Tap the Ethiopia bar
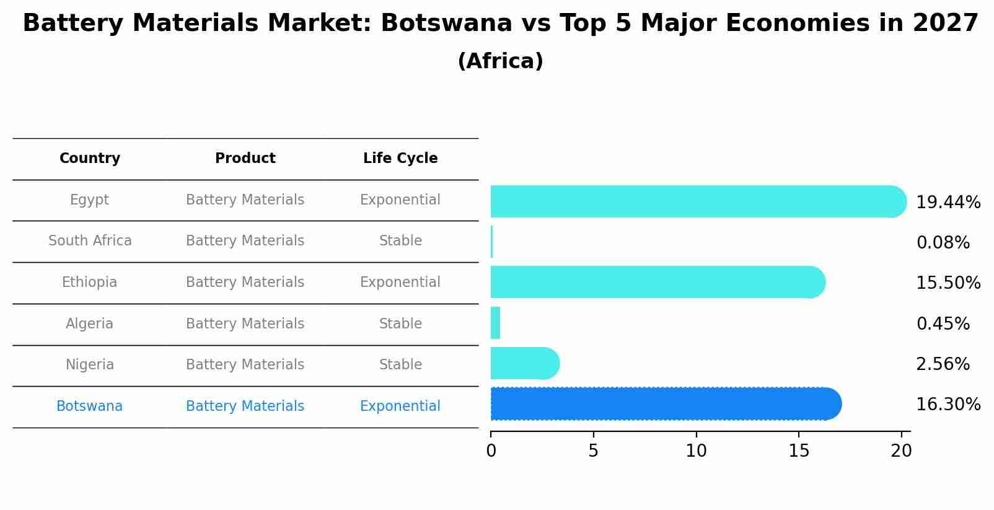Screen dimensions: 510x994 (x=657, y=282)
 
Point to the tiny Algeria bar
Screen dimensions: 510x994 (x=495, y=323)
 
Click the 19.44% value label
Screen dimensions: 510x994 (x=948, y=203)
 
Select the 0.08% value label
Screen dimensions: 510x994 (x=943, y=243)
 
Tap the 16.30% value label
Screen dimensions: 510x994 (x=948, y=405)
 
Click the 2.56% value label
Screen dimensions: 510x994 (x=943, y=364)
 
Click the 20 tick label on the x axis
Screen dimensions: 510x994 (x=901, y=451)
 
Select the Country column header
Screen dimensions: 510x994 (x=90, y=159)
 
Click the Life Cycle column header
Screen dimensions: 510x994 (x=400, y=159)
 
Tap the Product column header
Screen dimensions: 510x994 (x=245, y=159)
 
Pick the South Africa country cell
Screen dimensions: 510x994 (x=90, y=241)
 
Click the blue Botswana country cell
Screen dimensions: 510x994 (x=90, y=407)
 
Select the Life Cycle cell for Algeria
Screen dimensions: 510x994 (x=400, y=324)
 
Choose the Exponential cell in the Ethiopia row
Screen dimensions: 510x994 (x=400, y=283)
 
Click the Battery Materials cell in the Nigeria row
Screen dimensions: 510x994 (x=245, y=365)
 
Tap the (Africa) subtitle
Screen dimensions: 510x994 (x=500, y=61)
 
